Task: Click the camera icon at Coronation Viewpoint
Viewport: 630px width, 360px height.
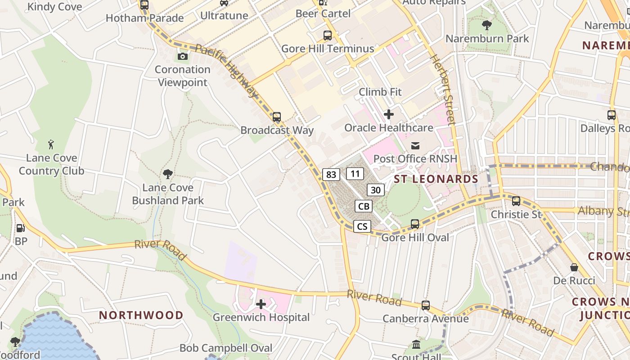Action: (x=182, y=56)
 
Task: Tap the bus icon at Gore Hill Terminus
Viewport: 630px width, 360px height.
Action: (x=328, y=35)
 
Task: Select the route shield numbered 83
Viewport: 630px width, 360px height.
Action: (x=331, y=175)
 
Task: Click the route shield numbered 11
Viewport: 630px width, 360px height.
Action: (x=355, y=174)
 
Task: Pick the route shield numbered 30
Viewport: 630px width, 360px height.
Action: (x=376, y=190)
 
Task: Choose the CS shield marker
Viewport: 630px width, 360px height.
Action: (x=362, y=226)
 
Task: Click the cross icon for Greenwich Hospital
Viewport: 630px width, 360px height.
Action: (x=261, y=305)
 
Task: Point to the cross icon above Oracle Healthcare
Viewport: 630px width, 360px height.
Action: (x=389, y=114)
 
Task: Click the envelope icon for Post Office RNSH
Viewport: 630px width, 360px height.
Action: (x=415, y=145)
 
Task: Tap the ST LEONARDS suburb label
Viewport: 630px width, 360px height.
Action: (x=436, y=179)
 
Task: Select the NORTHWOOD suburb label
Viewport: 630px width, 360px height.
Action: (x=141, y=315)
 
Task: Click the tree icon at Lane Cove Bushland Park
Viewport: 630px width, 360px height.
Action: (x=168, y=174)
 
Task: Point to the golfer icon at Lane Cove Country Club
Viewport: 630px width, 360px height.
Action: (x=51, y=144)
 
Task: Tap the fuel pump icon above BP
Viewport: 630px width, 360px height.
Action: (x=21, y=228)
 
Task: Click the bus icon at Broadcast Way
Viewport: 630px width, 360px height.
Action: (x=277, y=117)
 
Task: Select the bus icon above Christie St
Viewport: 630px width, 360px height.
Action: (x=516, y=201)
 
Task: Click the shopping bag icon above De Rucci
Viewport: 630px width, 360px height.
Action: (x=574, y=267)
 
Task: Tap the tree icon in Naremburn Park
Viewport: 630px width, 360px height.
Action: (x=486, y=25)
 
